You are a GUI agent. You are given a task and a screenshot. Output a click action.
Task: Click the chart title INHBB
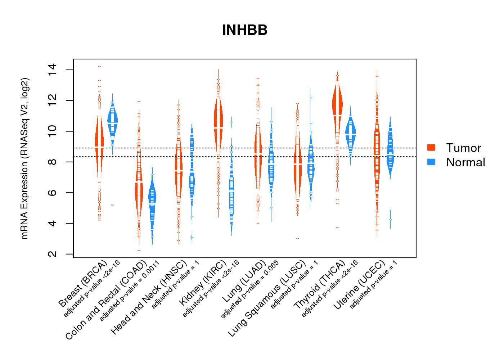pyautogui.click(x=245, y=30)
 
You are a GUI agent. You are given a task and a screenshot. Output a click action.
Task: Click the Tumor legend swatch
pyautogui.click(x=431, y=148)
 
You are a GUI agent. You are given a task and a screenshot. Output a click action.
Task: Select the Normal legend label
pyautogui.click(x=465, y=162)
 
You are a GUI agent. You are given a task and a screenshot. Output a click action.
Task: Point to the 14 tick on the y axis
pyautogui.click(x=53, y=70)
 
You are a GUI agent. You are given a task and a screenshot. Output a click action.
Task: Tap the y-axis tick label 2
pyautogui.click(x=53, y=254)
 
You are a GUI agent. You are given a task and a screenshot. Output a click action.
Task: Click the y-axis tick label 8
pyautogui.click(x=53, y=162)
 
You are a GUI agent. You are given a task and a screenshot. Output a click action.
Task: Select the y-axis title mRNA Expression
pyautogui.click(x=24, y=158)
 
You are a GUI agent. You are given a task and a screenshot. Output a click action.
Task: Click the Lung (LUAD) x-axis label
pyautogui.click(x=244, y=281)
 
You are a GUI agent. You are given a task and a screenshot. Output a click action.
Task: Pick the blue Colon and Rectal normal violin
pyautogui.click(x=152, y=202)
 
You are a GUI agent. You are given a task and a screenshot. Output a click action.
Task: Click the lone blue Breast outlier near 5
pyautogui.click(x=113, y=205)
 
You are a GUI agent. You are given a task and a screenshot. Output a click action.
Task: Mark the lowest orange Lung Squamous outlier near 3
pyautogui.click(x=298, y=238)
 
